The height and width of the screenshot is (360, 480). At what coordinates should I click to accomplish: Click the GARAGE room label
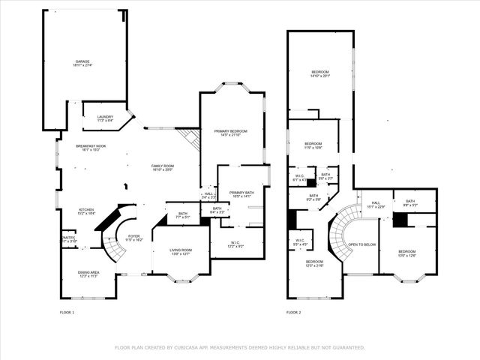tap(82, 62)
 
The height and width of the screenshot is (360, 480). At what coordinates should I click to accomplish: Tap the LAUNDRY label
tap(105, 117)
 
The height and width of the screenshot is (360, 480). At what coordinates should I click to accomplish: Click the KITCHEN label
tap(86, 211)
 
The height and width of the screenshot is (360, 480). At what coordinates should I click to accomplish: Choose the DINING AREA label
tap(89, 273)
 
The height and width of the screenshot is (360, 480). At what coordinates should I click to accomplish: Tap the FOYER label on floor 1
tap(133, 237)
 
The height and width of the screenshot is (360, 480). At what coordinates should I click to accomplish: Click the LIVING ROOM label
tap(181, 250)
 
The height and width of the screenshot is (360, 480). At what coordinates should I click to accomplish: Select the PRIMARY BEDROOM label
tap(230, 132)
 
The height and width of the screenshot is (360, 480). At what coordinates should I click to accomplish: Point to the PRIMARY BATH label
tap(242, 193)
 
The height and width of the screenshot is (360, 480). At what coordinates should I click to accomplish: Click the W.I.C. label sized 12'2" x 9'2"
tap(235, 243)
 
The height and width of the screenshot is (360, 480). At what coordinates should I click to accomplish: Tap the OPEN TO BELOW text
tap(361, 244)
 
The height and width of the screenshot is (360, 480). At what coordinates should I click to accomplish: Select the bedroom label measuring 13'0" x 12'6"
tap(406, 252)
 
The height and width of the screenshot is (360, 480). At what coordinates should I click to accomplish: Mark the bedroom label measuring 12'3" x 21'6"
tap(314, 262)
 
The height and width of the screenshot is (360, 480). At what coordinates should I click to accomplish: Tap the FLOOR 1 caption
tap(67, 312)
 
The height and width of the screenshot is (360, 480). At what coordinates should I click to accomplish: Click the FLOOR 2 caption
tap(293, 312)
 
